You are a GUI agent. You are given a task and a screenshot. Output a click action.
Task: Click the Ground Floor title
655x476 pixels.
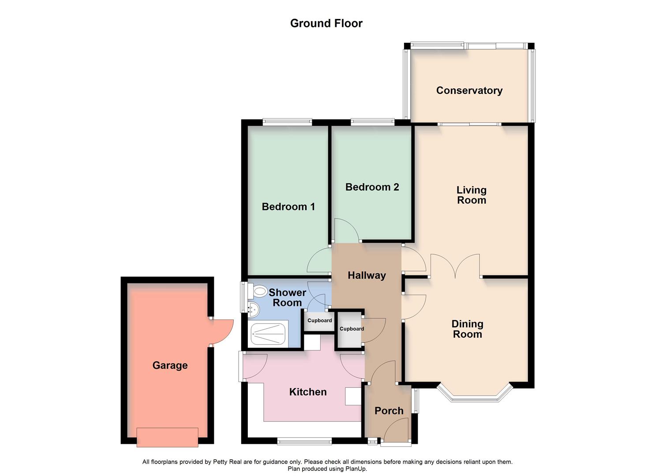326,23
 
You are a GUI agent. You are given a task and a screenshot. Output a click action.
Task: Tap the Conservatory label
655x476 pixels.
469,90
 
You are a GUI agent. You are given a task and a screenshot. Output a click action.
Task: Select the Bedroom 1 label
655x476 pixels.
288,207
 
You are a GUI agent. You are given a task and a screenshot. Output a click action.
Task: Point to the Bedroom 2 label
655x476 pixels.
372,187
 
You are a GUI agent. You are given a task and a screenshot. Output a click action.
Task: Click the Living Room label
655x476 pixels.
471,195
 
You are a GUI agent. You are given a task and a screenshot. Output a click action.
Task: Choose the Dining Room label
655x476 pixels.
467,329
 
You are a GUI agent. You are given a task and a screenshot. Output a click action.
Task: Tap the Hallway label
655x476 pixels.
367,275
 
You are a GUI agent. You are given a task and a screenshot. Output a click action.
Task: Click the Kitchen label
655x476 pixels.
308,392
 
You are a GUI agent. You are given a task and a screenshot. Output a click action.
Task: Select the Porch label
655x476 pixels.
389,411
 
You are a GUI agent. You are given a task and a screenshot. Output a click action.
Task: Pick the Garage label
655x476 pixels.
170,365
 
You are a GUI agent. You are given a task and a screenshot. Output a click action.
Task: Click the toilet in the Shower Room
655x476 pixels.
258,291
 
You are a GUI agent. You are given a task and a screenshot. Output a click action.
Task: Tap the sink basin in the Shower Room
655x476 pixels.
252,310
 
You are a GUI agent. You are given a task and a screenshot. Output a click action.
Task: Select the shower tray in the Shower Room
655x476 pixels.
268,334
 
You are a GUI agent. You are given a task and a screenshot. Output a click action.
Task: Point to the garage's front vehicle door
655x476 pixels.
167,437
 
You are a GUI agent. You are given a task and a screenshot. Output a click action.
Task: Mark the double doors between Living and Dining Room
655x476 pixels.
455,265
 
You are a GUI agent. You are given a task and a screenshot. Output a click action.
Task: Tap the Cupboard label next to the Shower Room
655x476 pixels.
319,320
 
